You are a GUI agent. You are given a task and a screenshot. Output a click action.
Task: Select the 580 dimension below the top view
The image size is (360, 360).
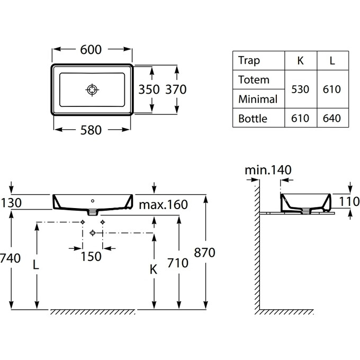[91, 130]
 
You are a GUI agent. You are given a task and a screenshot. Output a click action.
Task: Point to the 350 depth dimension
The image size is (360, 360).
[149, 89]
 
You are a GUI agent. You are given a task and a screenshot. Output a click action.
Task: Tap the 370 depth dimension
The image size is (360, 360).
[176, 89]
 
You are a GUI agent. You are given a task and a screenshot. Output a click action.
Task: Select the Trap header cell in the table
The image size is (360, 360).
[249, 60]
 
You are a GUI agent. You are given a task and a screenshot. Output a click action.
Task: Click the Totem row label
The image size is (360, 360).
[254, 80]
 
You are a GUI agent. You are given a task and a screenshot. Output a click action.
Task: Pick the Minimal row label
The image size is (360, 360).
[258, 99]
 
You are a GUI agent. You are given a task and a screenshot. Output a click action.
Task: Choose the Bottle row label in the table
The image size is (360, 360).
[253, 118]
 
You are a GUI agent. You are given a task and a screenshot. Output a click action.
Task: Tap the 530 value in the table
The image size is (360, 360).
[301, 89]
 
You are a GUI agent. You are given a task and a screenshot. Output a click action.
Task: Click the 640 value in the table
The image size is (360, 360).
[332, 118]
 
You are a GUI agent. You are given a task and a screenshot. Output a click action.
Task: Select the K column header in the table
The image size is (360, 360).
[301, 60]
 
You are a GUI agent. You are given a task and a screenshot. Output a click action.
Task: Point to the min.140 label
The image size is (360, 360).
[268, 170]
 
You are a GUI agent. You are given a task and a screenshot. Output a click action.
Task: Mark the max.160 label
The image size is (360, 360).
[164, 204]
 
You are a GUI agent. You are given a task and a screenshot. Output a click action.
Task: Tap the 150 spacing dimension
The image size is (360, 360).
[92, 256]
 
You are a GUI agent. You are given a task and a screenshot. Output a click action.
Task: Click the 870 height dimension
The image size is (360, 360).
[205, 253]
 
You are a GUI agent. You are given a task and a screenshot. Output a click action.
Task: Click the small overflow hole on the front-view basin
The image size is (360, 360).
[93, 201]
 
